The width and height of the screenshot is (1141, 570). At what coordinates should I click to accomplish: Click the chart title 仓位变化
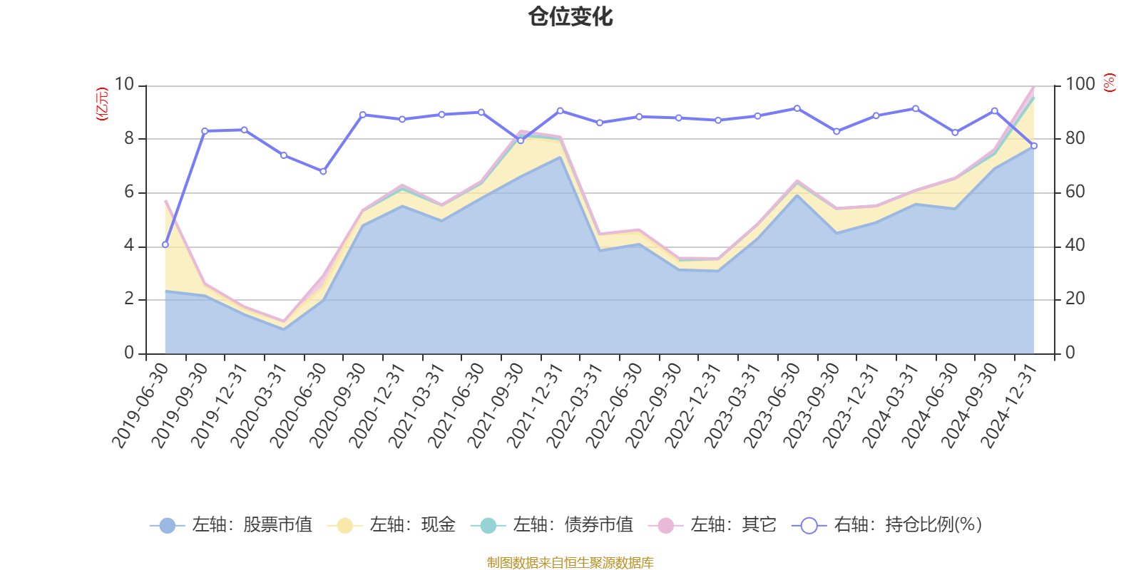tap(570, 16)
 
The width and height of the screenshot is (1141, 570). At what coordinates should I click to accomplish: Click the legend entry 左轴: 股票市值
tap(231, 525)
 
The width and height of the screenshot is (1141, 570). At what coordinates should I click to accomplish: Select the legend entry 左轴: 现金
tap(392, 525)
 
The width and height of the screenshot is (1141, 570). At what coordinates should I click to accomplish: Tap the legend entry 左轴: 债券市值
tap(552, 525)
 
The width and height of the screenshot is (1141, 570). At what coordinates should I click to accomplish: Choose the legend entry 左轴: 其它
tap(712, 525)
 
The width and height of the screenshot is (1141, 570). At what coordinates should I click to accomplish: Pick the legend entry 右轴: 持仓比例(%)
tap(887, 525)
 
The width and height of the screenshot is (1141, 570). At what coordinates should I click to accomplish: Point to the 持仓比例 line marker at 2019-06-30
tap(165, 244)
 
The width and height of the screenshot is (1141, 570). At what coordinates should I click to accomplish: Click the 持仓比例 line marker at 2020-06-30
tap(323, 172)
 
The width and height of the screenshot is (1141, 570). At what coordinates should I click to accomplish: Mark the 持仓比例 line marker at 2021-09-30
tap(521, 140)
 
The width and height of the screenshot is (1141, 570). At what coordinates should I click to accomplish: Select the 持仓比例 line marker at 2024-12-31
tap(1034, 145)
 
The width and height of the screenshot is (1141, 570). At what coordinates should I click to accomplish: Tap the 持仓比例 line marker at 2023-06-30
tap(797, 108)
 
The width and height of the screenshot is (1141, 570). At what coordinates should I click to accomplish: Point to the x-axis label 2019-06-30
tap(141, 405)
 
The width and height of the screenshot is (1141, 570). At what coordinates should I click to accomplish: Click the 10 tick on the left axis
tap(124, 85)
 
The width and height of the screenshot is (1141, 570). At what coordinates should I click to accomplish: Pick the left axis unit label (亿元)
tap(102, 104)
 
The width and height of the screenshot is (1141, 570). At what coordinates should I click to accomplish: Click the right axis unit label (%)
tap(1109, 83)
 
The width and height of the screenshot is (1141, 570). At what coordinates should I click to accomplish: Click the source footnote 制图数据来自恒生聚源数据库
tap(570, 563)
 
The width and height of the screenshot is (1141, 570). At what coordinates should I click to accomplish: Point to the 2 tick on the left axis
tap(129, 299)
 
